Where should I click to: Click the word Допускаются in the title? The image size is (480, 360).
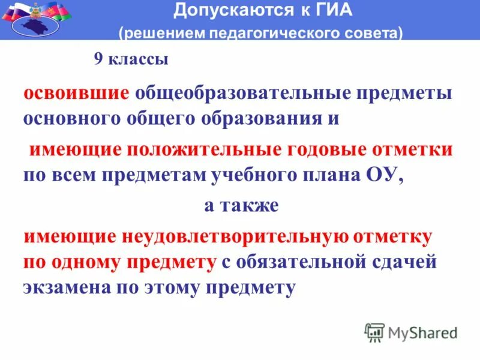point(213,10)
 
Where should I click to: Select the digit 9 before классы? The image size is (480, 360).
point(98,60)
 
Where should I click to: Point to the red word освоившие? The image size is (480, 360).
point(76,94)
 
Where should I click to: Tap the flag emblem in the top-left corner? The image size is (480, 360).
point(36,18)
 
